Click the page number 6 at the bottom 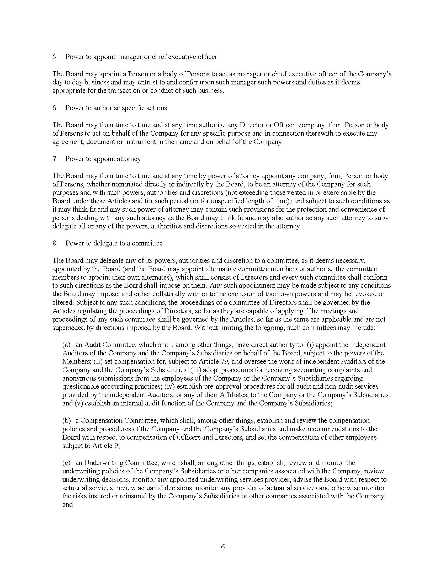(x=223, y=547)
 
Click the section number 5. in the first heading (x=55, y=57)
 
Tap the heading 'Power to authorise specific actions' (x=116, y=108)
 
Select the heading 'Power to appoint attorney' (x=103, y=159)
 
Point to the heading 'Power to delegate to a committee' (x=114, y=243)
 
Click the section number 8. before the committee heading (x=55, y=243)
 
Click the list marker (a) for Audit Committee (x=66, y=345)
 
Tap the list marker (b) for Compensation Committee (x=66, y=420)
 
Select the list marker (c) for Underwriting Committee (x=66, y=463)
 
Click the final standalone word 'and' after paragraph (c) (x=68, y=504)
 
